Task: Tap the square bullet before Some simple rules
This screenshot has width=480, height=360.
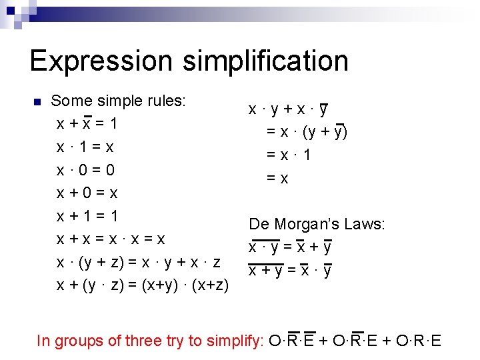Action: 37,102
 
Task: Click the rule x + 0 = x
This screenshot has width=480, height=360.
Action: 87,193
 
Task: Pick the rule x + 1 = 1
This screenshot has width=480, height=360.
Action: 87,216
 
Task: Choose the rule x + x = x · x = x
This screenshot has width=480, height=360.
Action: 111,239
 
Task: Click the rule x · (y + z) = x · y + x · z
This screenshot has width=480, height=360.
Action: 139,262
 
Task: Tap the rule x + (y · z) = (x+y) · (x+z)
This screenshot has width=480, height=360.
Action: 143,285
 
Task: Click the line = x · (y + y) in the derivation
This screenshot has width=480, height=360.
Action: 307,132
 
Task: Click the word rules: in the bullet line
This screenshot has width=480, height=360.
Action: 166,101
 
